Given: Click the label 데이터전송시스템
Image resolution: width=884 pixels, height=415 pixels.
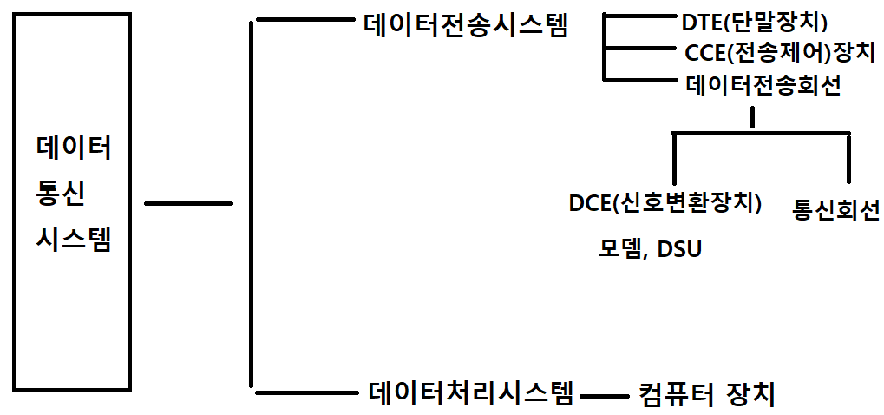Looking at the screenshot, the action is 465,24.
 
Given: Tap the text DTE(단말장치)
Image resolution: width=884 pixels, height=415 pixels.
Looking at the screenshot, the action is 755,22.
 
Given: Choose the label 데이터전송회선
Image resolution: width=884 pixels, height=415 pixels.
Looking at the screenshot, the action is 763,85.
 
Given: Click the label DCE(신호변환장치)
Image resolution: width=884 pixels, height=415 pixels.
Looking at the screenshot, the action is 665,203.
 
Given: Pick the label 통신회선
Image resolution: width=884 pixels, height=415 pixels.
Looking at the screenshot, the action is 836,209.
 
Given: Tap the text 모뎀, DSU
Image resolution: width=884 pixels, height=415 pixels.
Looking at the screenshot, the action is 649,248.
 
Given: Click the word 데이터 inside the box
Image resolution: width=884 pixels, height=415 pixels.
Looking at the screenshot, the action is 74,149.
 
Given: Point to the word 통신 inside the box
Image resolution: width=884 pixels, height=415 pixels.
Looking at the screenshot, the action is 60,194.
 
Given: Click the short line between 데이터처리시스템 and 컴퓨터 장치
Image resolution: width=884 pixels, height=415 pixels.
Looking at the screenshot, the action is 605,397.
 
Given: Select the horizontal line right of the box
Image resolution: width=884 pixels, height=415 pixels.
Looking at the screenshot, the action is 188,204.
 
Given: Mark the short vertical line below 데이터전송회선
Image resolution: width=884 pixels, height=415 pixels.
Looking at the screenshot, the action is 752,117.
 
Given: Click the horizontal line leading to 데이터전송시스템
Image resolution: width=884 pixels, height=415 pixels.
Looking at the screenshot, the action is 298,22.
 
